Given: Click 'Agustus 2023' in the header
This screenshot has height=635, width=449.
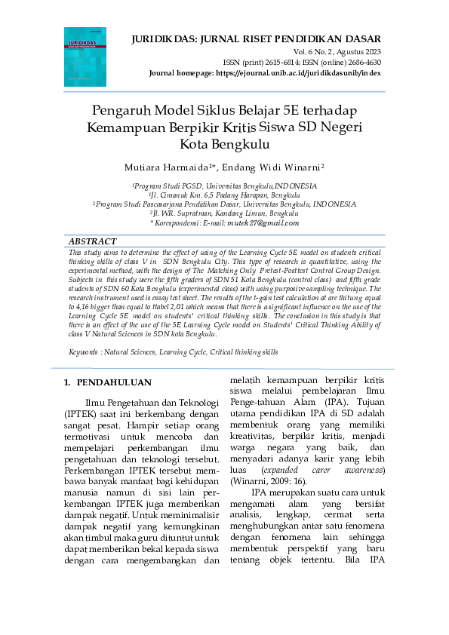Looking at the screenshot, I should (356, 51).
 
